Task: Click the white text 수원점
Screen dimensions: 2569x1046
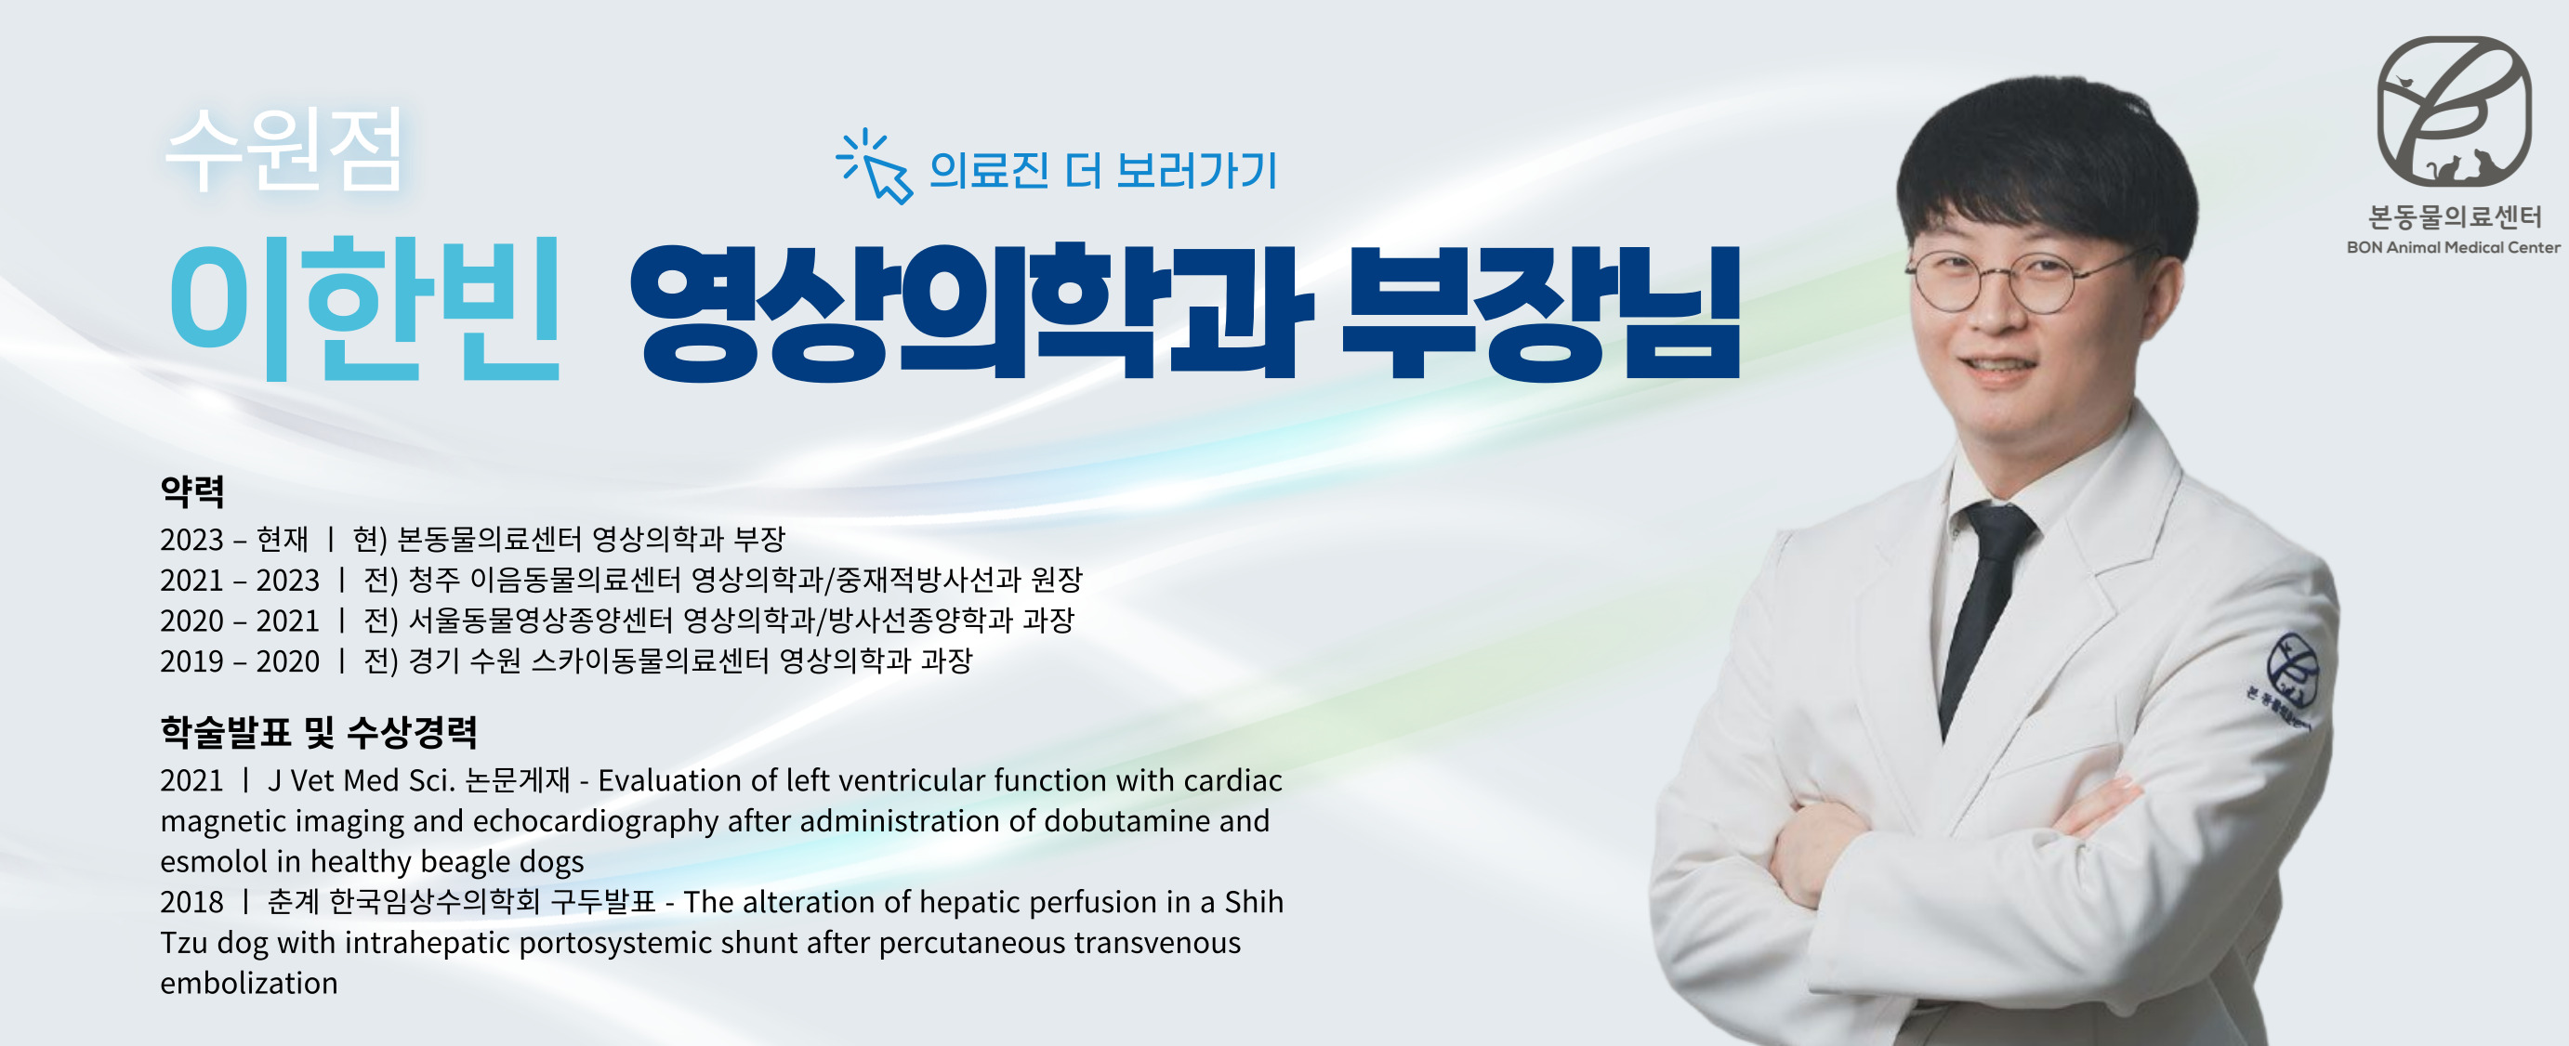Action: click(x=284, y=150)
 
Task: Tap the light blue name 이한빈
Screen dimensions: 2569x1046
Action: click(x=365, y=307)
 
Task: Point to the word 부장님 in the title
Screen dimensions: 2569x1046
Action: click(x=1540, y=311)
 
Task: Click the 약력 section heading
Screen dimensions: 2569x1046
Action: click(x=192, y=490)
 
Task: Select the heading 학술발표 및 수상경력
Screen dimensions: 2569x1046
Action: click(x=318, y=732)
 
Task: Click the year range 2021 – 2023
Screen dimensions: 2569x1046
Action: click(x=240, y=581)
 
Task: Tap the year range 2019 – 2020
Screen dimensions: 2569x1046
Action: click(x=240, y=661)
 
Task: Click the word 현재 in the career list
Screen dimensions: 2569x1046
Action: click(x=283, y=540)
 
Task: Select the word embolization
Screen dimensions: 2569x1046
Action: click(x=249, y=983)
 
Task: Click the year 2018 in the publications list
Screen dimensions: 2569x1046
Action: click(x=191, y=901)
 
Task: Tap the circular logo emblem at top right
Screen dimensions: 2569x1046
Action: click(x=2454, y=111)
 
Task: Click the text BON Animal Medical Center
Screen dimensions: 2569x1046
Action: click(x=2454, y=247)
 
